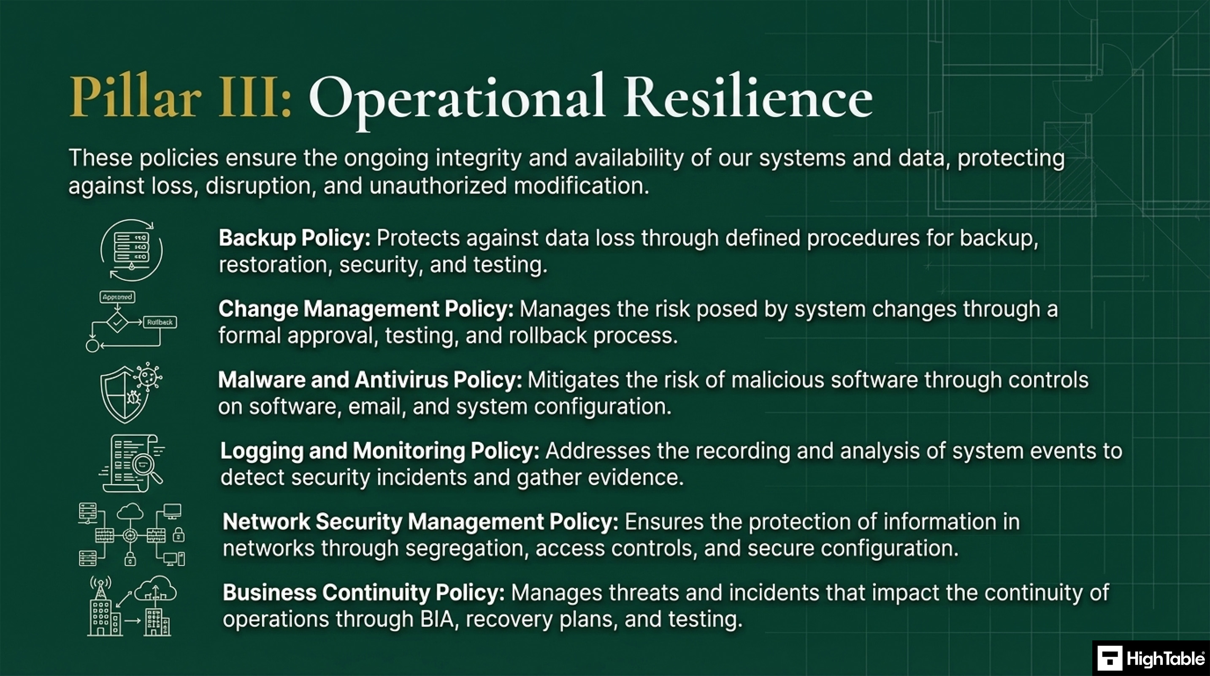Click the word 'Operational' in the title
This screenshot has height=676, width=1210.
456,99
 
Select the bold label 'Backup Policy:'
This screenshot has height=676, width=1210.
295,238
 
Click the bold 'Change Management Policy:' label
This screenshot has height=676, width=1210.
366,309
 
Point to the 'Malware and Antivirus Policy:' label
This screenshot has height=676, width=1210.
370,380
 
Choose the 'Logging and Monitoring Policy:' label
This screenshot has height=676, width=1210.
379,451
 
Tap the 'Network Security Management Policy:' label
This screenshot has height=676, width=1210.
420,522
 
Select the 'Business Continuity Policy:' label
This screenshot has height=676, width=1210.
363,593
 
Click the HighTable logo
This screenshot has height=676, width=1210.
1151,658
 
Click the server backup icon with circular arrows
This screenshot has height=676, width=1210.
132,250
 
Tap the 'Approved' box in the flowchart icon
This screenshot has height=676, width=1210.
117,297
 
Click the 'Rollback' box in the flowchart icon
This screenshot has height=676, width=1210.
160,322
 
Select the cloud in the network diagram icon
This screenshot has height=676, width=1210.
130,512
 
